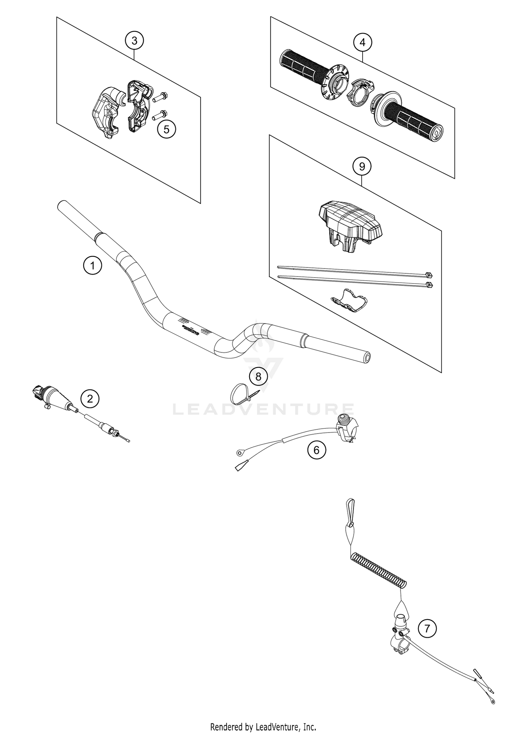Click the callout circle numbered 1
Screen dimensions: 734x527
tap(92, 265)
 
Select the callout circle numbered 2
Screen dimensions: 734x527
tap(90, 399)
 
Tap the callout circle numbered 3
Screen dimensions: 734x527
tap(135, 41)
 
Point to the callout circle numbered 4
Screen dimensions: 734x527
tap(363, 42)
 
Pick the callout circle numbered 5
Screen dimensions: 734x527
tap(166, 129)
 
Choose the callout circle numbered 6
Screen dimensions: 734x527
tap(316, 450)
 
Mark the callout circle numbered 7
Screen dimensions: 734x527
tap(427, 628)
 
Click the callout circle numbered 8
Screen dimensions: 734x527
tap(258, 377)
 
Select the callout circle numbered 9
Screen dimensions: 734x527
tap(362, 166)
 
